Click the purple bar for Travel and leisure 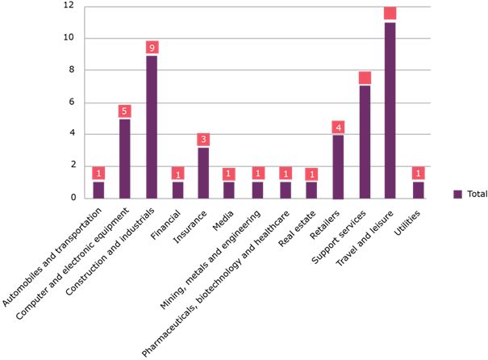(390, 110)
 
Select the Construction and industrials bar (152, 127)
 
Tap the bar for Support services (365, 141)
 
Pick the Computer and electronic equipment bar (125, 158)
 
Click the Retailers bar (338, 166)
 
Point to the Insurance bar (204, 173)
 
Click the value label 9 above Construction (152, 48)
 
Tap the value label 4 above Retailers (338, 127)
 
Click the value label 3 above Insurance (204, 140)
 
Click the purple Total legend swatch (457, 194)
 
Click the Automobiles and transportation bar (98, 190)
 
